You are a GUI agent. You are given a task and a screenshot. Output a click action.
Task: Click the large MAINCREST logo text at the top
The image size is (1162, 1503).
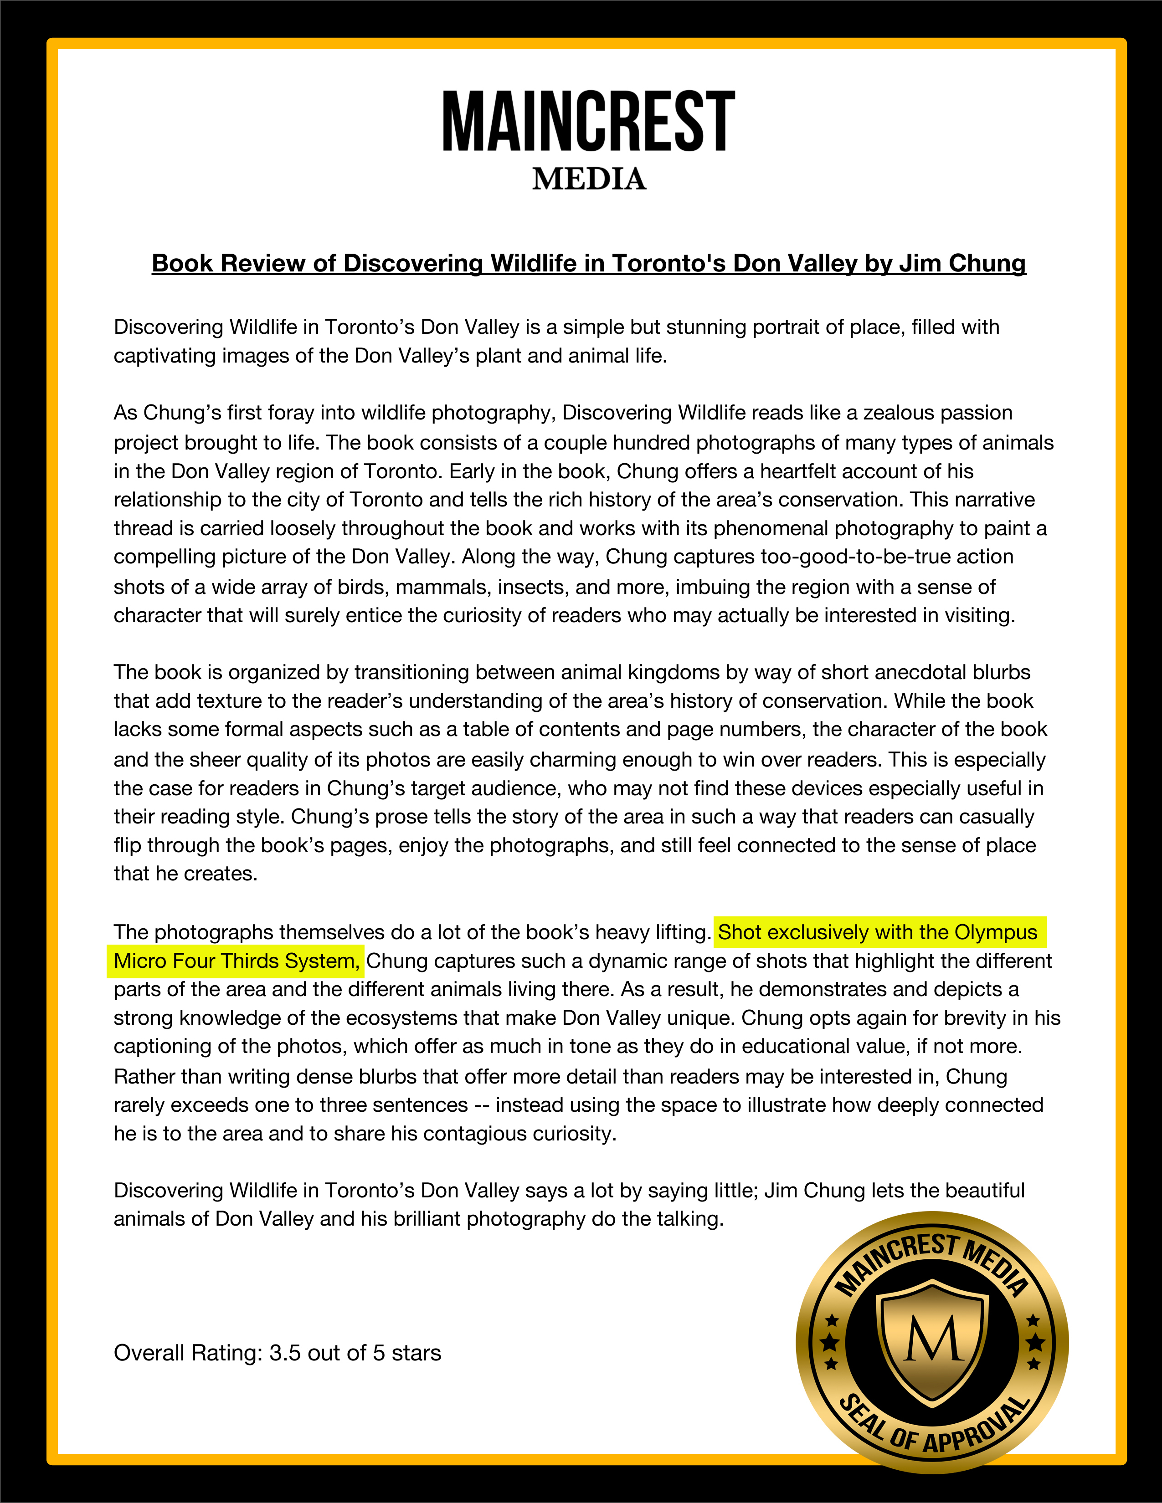589,122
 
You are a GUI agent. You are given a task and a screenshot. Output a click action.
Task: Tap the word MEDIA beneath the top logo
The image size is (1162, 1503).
589,179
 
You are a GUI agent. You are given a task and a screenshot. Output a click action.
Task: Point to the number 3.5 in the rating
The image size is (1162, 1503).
285,1353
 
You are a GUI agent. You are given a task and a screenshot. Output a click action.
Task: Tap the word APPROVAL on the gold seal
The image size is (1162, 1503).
977,1427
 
